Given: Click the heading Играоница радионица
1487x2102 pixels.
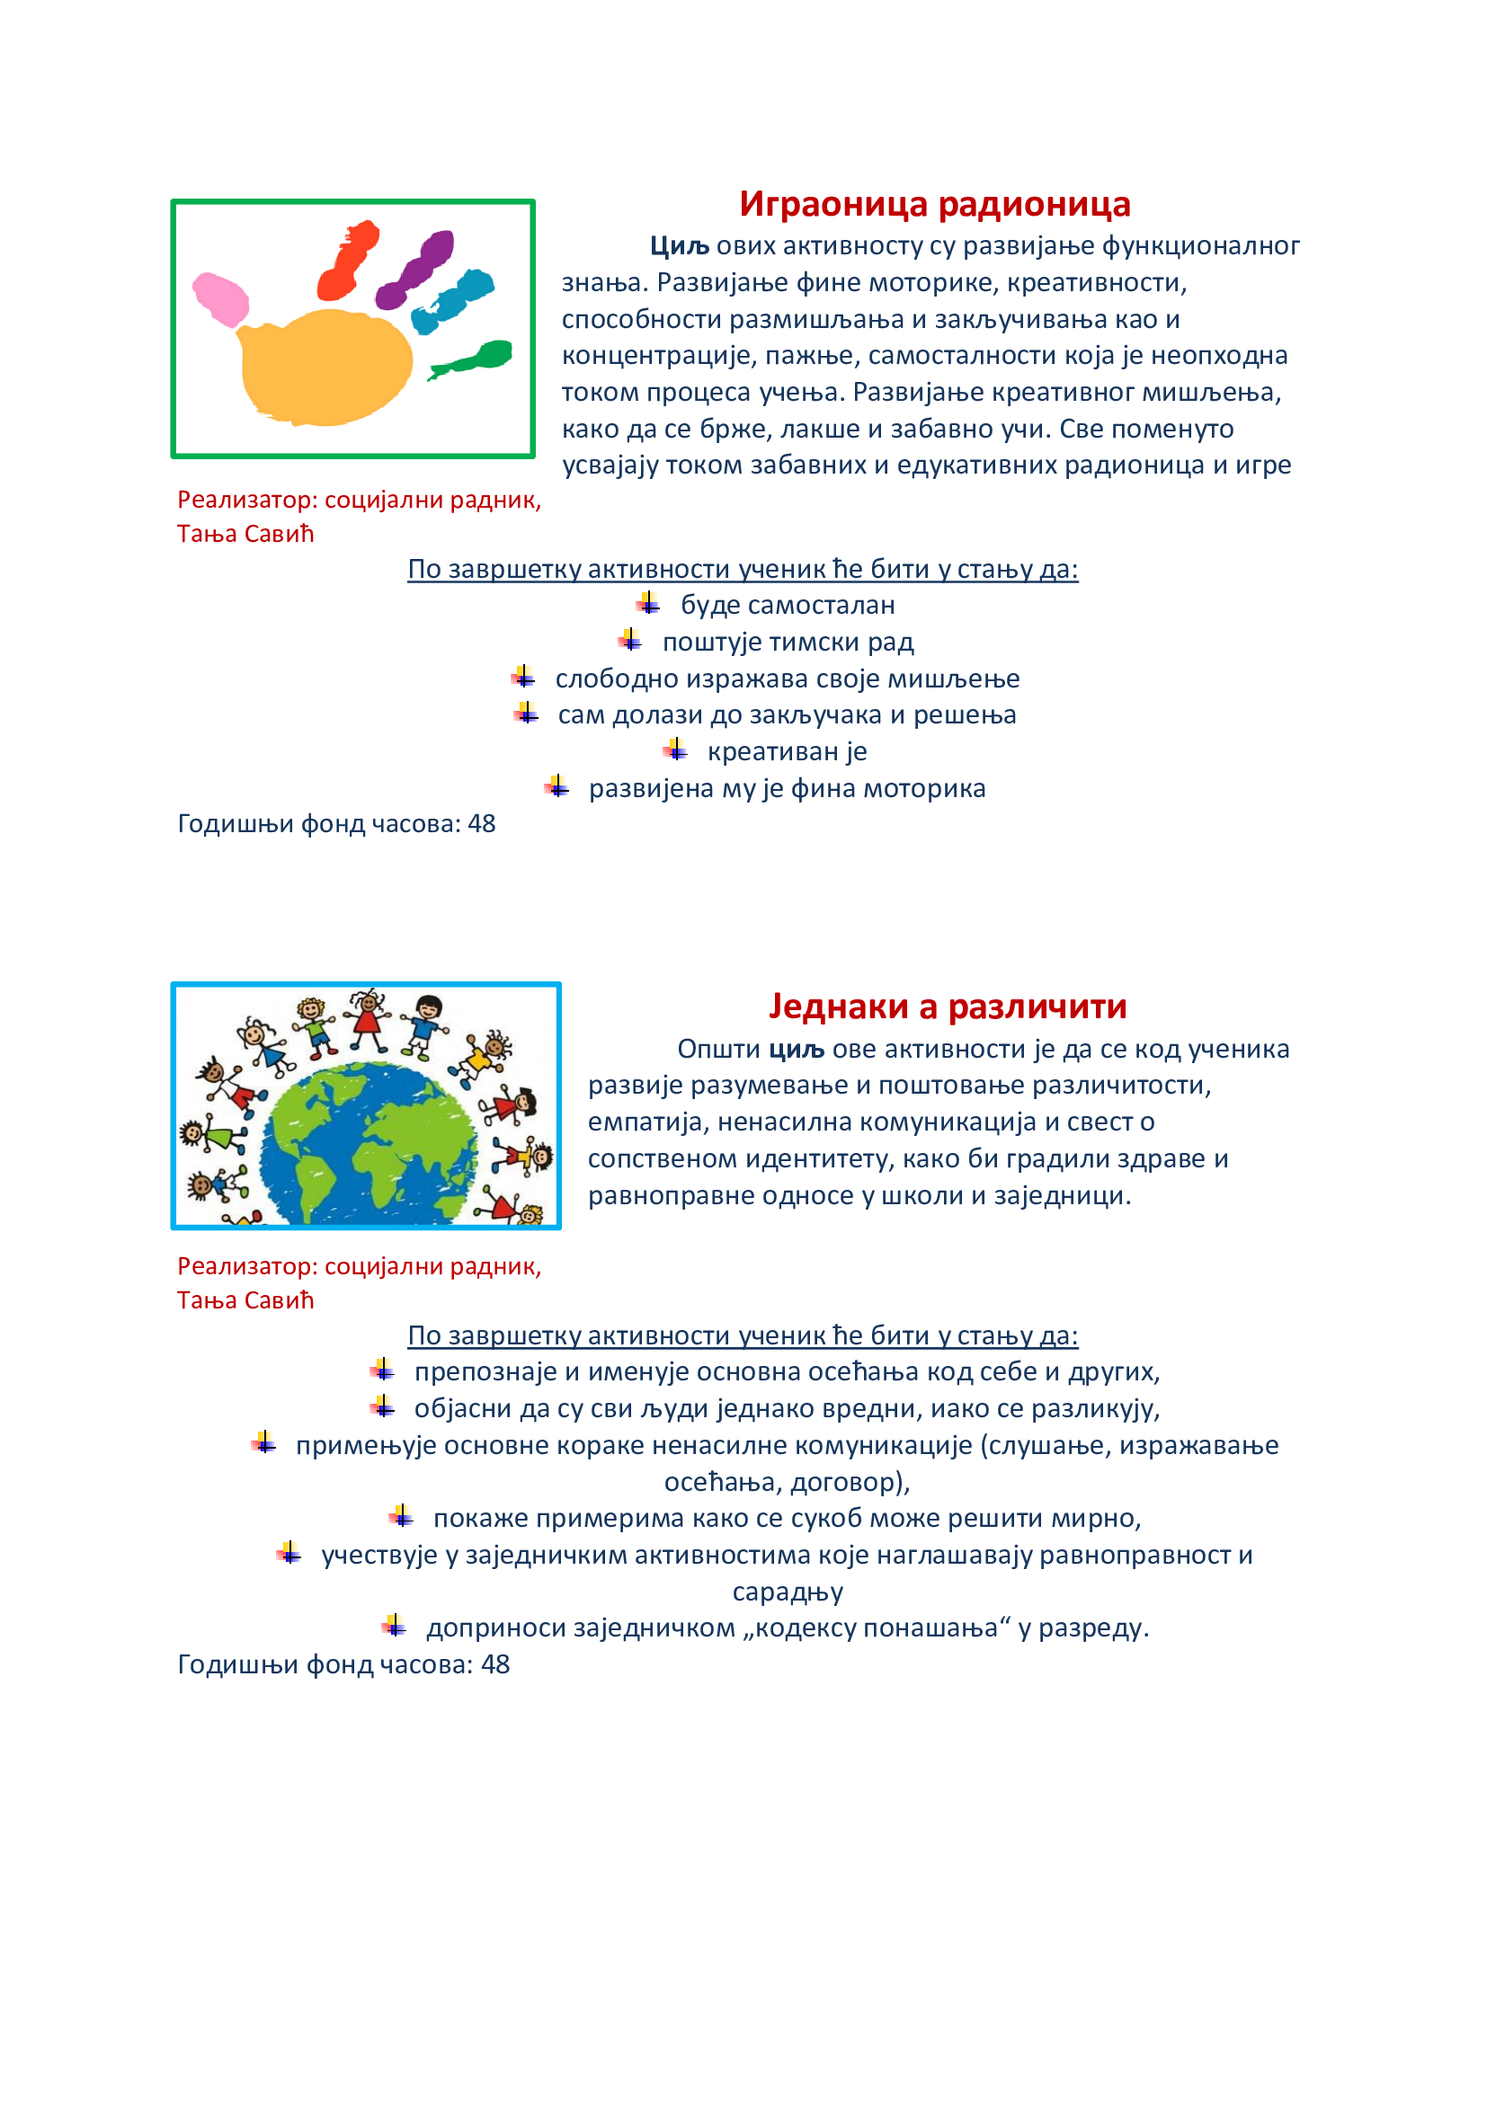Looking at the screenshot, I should coord(934,204).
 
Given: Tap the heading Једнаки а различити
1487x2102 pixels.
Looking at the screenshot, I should coord(947,1007).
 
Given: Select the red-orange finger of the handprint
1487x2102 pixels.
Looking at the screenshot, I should coord(348,260).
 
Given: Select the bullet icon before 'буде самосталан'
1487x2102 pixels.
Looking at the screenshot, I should coord(648,604).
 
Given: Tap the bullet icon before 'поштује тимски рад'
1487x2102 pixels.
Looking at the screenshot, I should coord(630,641).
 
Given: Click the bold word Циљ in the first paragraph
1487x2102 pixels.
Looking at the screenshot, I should coord(680,246).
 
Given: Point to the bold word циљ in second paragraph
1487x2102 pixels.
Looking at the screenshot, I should coord(796,1049).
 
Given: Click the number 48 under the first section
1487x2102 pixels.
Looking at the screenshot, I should coord(482,824).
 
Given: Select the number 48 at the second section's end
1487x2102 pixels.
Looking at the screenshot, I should coord(495,1664).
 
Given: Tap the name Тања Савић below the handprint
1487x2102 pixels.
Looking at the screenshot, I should coord(245,534).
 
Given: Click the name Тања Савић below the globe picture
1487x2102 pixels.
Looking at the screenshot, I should coord(245,1300).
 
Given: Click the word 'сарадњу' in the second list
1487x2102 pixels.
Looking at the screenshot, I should coord(788,1592).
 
